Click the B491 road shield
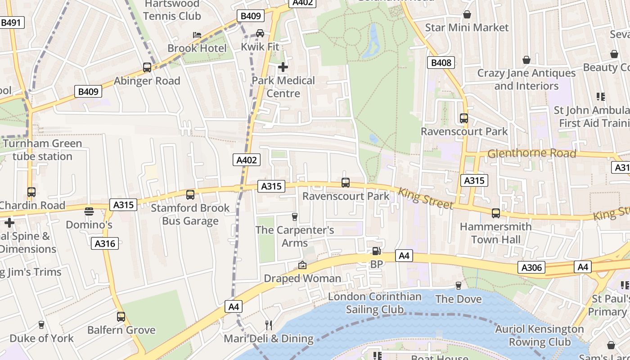pos(11,22)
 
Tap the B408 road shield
pos(441,63)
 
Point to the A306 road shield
pos(531,268)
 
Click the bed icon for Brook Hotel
pos(197,35)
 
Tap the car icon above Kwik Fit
pos(260,33)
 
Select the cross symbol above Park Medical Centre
pos(283,67)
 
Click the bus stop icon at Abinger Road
pos(147,67)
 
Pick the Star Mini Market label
pos(467,27)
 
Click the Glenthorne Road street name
pos(531,153)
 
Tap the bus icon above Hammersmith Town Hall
pos(496,213)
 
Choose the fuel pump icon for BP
pos(376,251)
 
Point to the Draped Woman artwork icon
pos(302,265)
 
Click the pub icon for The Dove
pos(459,286)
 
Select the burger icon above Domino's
pos(89,211)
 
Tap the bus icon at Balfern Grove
pos(121,317)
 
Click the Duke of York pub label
pos(41,338)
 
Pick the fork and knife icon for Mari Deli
pos(269,325)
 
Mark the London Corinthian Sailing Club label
pos(374,303)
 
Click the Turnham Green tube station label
pos(42,150)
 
